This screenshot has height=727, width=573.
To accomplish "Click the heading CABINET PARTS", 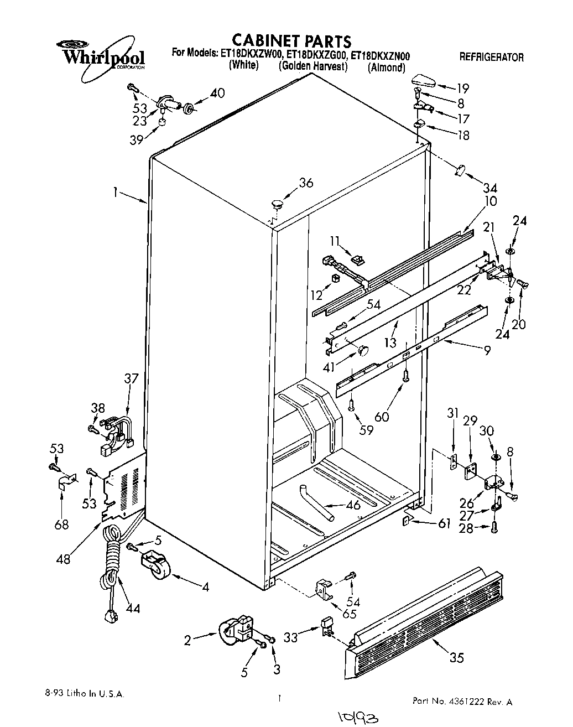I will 291,40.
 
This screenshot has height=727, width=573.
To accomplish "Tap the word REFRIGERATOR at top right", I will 491,57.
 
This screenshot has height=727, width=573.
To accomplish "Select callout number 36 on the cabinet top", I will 306,183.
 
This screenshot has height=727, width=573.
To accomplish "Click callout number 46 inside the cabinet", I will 352,505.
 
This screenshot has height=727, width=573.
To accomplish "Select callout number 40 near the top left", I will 217,93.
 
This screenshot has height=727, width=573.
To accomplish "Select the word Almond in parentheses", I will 387,69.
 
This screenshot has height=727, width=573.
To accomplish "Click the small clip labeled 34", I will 458,171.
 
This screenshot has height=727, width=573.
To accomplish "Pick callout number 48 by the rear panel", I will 64,559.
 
